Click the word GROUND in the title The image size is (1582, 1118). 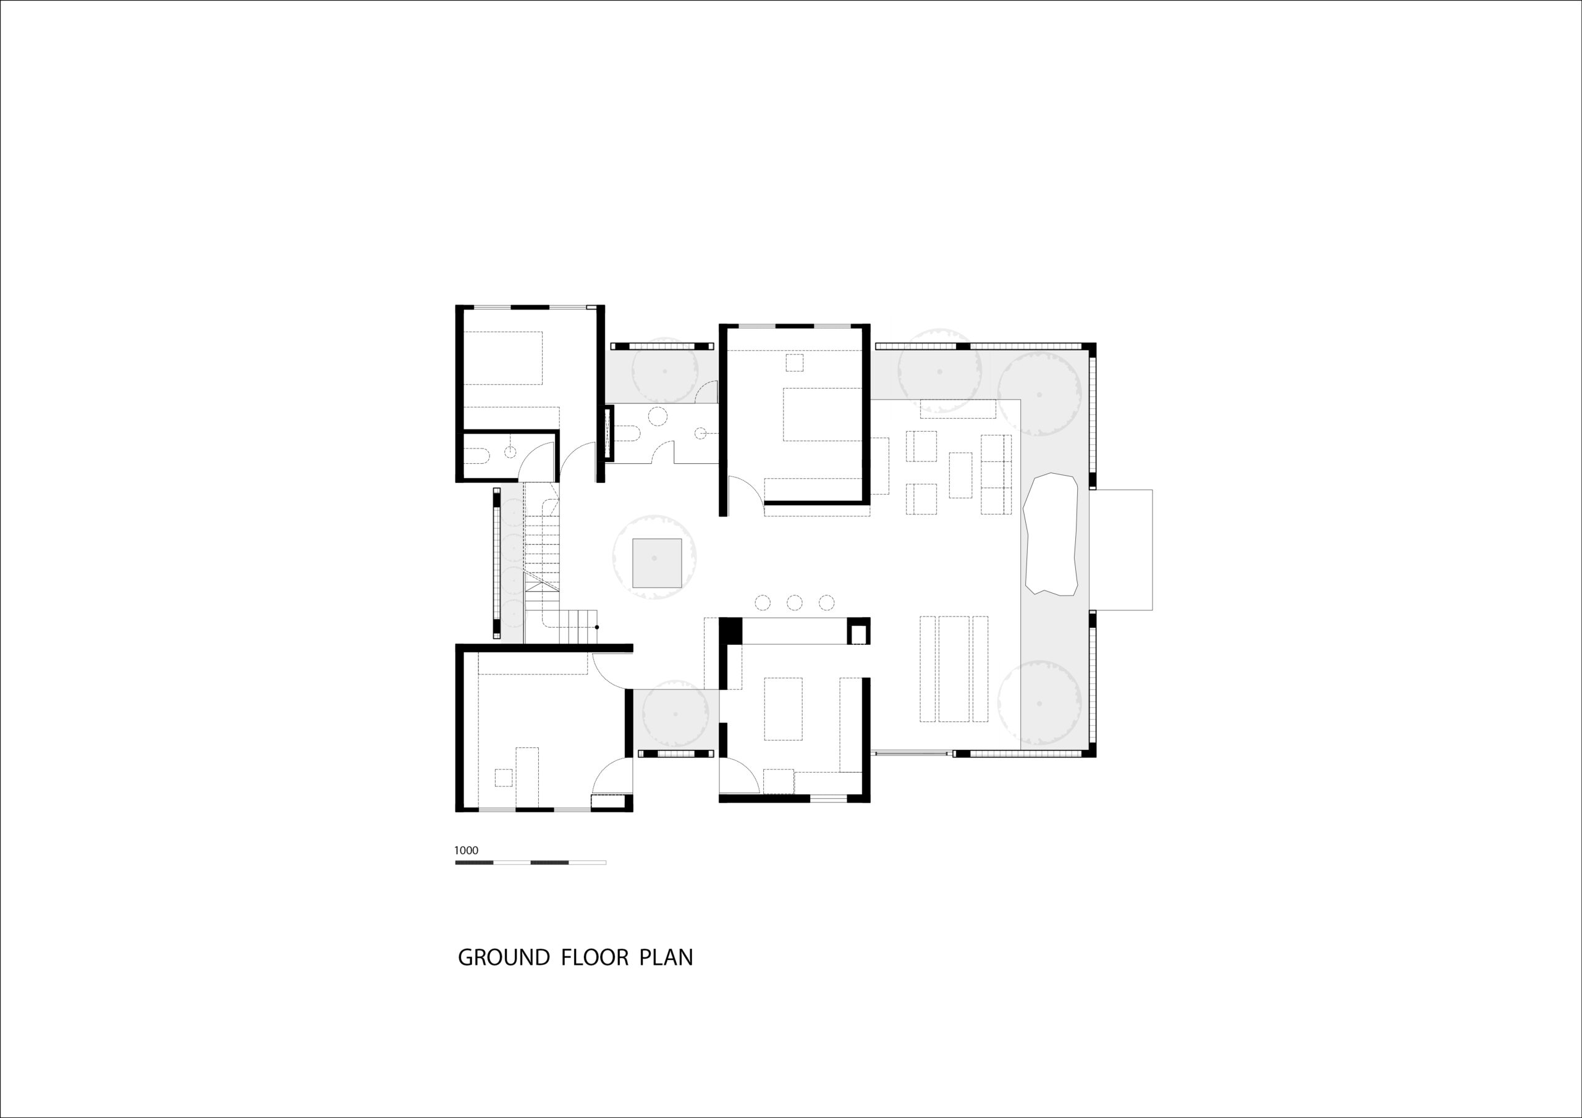point(504,957)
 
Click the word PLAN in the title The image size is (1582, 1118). point(666,957)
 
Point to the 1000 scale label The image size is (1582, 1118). point(466,850)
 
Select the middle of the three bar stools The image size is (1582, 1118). point(795,603)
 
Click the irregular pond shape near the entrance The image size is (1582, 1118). point(1051,534)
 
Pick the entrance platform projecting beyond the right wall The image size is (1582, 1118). point(1121,549)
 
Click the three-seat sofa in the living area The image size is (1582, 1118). point(996,474)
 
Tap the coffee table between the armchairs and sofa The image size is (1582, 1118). point(960,474)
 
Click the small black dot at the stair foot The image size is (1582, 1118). point(597,627)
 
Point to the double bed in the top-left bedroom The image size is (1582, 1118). point(503,358)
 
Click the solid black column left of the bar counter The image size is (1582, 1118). point(730,630)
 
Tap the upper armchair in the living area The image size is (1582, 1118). point(921,446)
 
